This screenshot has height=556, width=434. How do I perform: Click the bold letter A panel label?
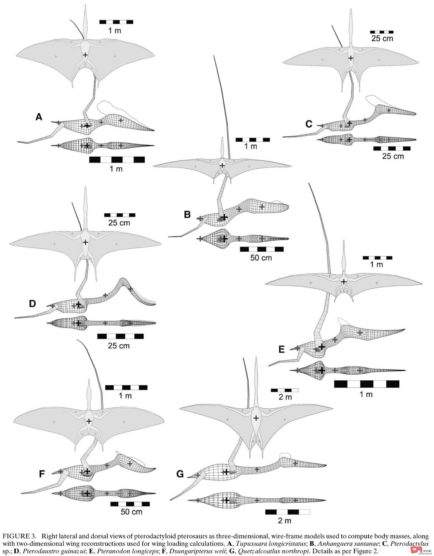[39, 117]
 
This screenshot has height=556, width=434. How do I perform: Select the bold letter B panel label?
[187, 214]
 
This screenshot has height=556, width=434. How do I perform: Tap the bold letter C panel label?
[309, 124]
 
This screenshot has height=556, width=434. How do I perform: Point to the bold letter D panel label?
[32, 304]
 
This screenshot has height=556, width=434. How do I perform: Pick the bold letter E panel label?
[281, 349]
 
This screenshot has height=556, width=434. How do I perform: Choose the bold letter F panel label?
[42, 474]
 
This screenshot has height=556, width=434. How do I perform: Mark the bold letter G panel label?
[180, 474]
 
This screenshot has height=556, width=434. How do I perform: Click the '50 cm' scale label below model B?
[261, 258]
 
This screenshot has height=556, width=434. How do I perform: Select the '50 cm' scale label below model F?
[131, 512]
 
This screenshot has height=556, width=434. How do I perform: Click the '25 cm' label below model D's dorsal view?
[119, 345]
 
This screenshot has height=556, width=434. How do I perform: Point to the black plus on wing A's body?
[85, 55]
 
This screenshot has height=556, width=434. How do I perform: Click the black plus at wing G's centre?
[256, 418]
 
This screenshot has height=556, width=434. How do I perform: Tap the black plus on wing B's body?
[222, 166]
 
